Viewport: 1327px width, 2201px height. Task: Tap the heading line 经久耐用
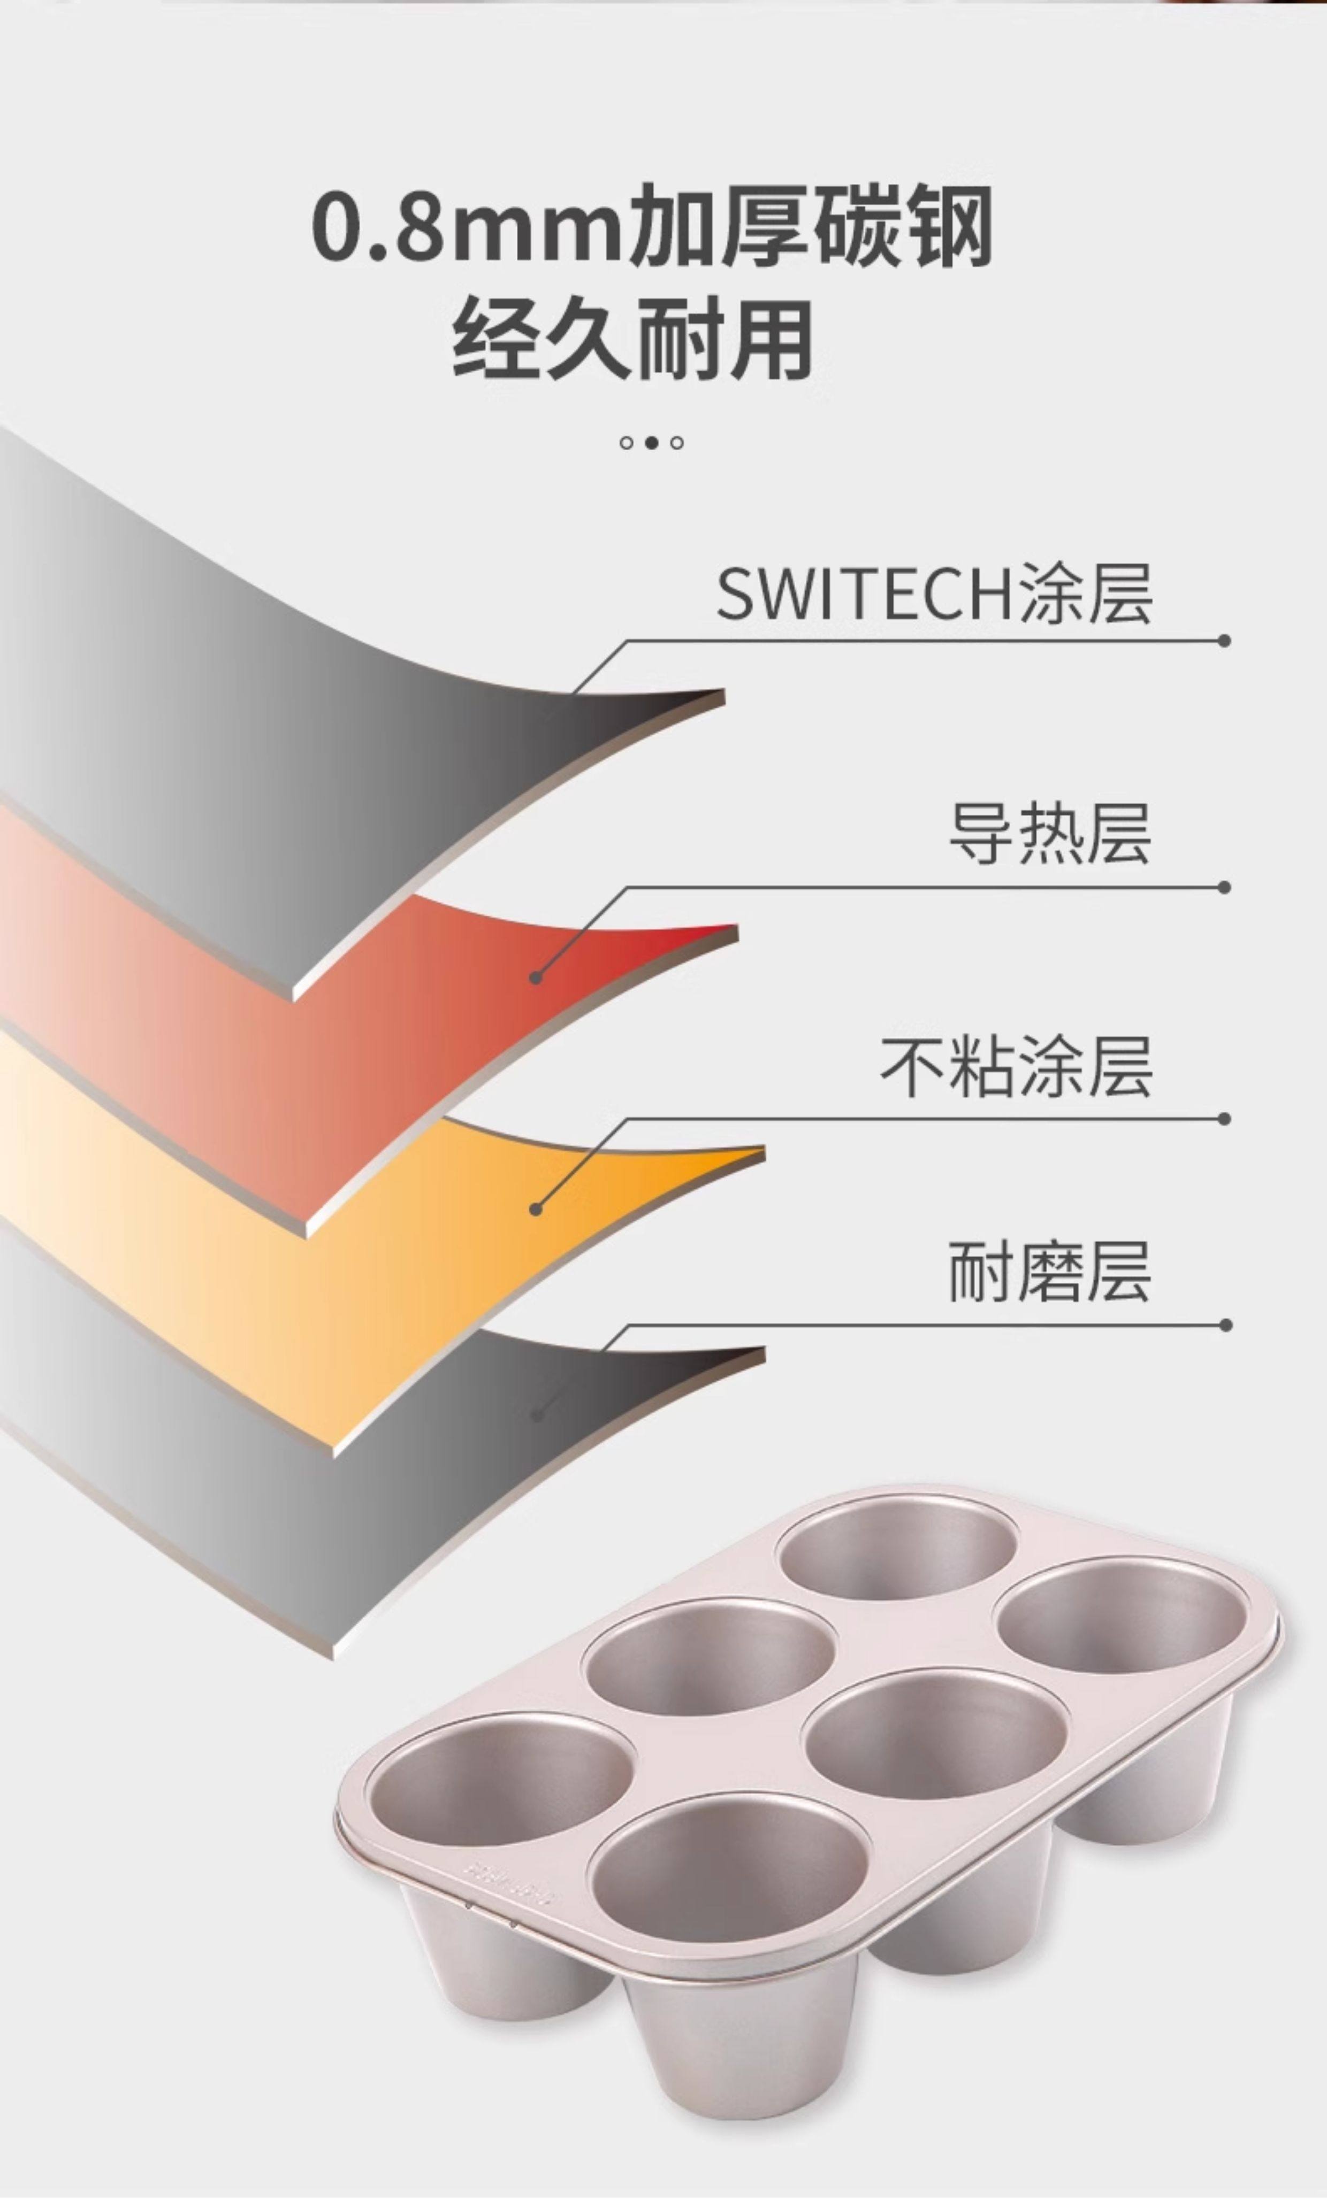click(x=632, y=340)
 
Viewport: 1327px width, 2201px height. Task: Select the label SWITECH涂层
click(x=934, y=594)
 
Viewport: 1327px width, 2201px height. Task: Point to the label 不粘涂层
click(x=1016, y=1067)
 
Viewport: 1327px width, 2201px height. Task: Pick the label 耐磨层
click(x=1049, y=1272)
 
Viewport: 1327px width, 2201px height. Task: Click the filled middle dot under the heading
click(x=651, y=442)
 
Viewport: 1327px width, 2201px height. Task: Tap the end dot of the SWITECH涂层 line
click(x=1224, y=641)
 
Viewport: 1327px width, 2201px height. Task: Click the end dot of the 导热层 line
click(x=1224, y=887)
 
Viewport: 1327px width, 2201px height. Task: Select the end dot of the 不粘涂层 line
click(x=1224, y=1118)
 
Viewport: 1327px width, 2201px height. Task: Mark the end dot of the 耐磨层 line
click(x=1224, y=1325)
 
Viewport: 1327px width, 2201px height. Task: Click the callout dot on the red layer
click(x=535, y=977)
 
